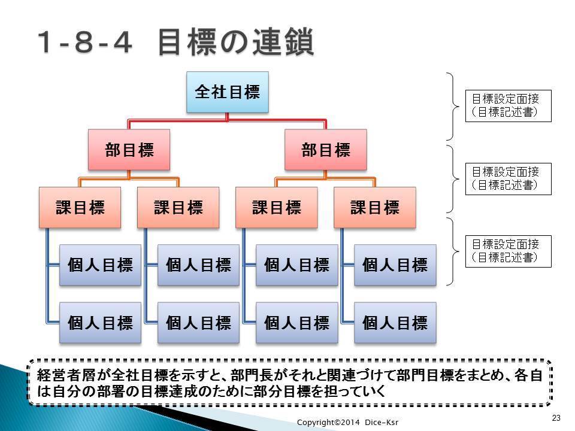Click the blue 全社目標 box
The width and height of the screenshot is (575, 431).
point(228,92)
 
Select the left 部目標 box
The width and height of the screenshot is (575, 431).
point(129,150)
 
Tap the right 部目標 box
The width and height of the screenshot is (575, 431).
point(326,150)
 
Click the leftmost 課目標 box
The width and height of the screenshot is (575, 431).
point(80,208)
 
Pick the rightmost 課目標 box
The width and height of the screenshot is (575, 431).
point(375,208)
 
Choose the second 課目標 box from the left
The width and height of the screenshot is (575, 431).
point(178,208)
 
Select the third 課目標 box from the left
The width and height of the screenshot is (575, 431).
point(277,208)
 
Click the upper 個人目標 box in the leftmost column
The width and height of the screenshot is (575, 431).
point(100,265)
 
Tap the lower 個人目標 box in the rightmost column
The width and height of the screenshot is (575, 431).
point(395,323)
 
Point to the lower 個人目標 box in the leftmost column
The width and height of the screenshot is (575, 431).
point(100,323)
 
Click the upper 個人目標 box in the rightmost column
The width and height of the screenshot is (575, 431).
point(395,265)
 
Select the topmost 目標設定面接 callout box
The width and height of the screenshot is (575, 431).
point(509,105)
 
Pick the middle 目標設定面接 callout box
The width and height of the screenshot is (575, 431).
point(509,178)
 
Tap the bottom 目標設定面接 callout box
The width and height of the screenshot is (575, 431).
point(509,251)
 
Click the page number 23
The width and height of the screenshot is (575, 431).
point(556,418)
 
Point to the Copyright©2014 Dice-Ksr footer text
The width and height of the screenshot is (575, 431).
point(347,422)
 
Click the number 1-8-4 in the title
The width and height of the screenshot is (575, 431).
point(84,42)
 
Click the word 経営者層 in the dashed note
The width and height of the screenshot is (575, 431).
point(66,375)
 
